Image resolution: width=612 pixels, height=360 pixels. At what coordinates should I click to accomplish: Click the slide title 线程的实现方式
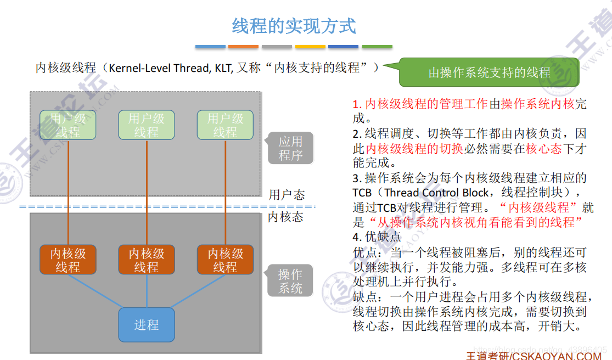(x=294, y=26)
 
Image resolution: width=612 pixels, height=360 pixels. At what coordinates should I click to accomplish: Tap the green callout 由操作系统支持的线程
(x=489, y=72)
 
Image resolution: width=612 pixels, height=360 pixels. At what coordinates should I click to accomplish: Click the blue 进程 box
(x=147, y=325)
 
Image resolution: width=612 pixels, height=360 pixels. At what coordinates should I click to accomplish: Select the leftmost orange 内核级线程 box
(x=68, y=260)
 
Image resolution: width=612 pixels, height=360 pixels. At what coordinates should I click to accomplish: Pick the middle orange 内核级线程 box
(x=147, y=260)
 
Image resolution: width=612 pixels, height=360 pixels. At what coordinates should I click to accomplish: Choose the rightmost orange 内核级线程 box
(x=225, y=260)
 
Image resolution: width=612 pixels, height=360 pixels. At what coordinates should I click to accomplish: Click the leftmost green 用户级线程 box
(x=68, y=125)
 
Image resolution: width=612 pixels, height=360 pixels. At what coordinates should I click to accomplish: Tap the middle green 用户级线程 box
(x=147, y=125)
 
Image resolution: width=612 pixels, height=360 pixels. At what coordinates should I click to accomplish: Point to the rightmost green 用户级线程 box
(x=225, y=125)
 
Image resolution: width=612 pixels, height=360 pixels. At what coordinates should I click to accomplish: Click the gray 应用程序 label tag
(x=290, y=148)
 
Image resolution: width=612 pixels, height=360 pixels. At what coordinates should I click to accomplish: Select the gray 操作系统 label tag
(x=290, y=281)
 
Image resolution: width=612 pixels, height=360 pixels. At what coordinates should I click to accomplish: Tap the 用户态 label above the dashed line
(x=287, y=195)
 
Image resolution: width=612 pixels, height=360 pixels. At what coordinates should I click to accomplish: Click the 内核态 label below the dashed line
(x=285, y=217)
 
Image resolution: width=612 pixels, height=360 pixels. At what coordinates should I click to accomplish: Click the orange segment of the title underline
(x=243, y=47)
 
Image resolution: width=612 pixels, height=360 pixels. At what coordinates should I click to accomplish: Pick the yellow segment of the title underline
(x=310, y=47)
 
